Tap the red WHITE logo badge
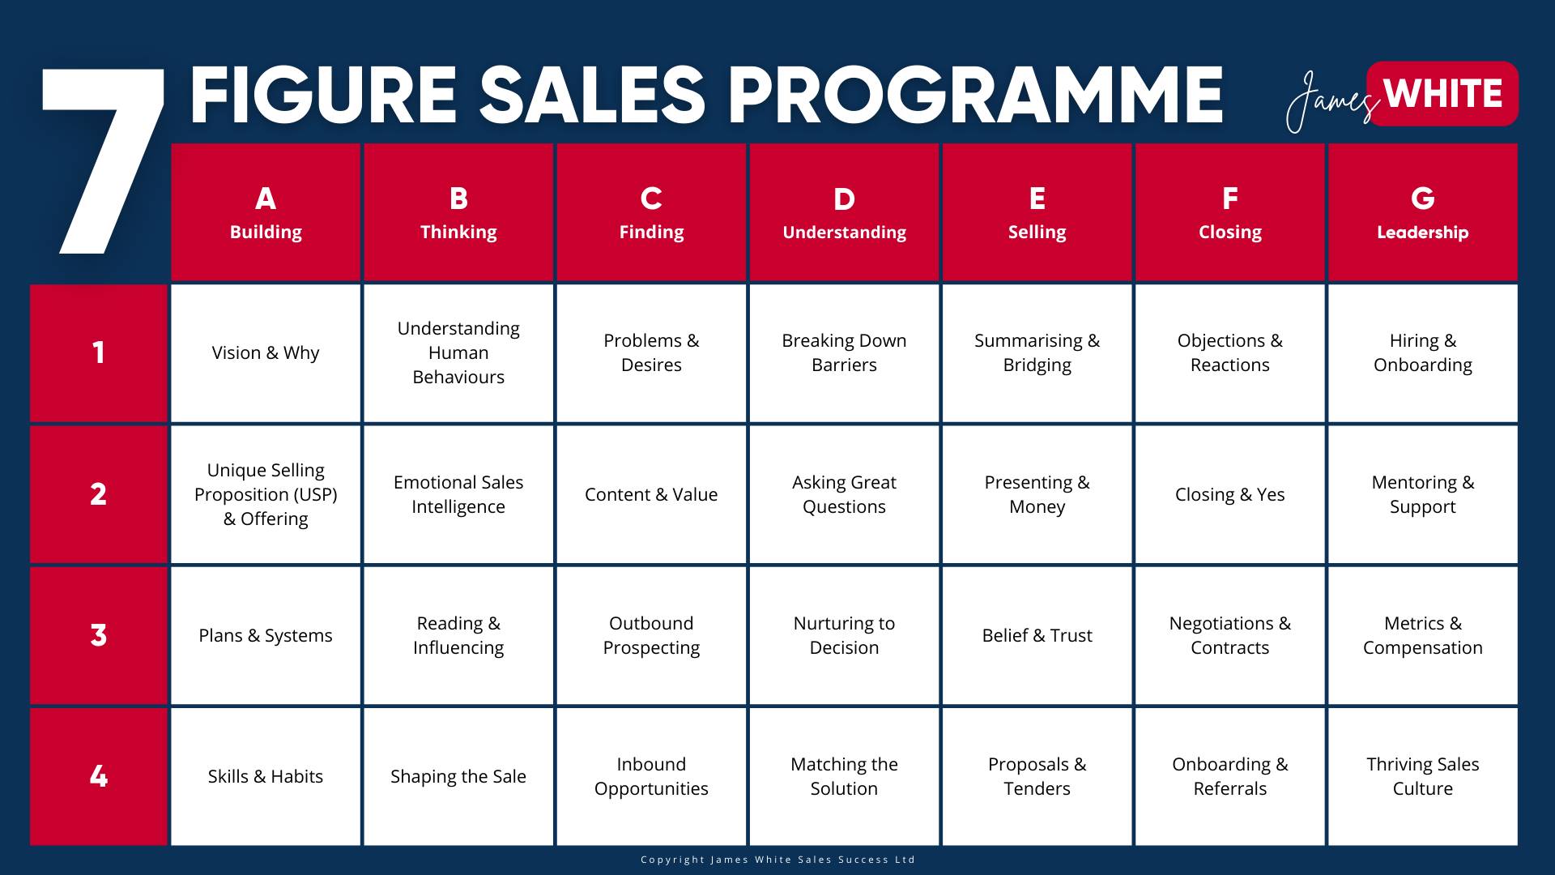coord(1442,94)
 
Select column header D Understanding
coord(844,212)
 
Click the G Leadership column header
coord(1423,212)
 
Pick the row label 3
coord(99,635)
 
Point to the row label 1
coord(99,353)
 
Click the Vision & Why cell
coord(266,353)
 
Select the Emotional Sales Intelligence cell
coord(458,494)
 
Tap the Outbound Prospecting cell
coord(651,635)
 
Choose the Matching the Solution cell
coord(844,776)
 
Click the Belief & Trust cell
coord(1037,635)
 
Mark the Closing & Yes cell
coord(1229,494)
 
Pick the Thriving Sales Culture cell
coord(1423,776)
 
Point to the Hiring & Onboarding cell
coord(1423,353)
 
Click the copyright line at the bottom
coord(777,860)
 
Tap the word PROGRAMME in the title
coord(975,95)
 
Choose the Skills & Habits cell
coord(266,776)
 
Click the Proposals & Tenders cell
coord(1037,776)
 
